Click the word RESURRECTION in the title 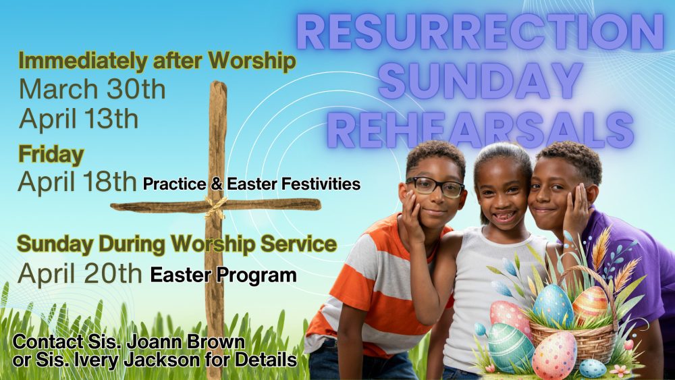[x=480, y=32]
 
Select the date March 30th [x=92, y=89]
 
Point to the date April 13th [x=78, y=118]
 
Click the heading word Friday [x=51, y=155]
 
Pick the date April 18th [x=77, y=181]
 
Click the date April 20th [x=80, y=273]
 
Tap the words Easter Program [x=223, y=275]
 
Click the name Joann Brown [x=186, y=342]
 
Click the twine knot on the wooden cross [x=216, y=206]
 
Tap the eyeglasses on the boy [x=435, y=186]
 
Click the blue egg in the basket [x=553, y=306]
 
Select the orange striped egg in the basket [x=590, y=304]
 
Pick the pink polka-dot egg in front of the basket [x=554, y=355]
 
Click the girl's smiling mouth [x=504, y=215]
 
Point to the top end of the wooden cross [x=218, y=82]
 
